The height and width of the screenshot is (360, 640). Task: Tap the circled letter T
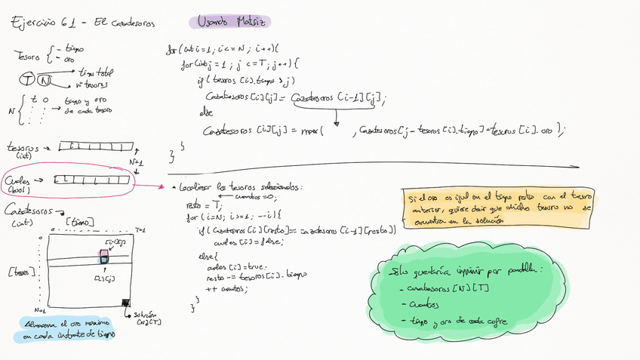(27, 79)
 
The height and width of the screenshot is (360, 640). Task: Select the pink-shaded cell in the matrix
(106, 254)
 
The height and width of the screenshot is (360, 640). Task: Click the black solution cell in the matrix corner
(125, 303)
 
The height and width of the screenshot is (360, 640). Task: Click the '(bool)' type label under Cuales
(17, 190)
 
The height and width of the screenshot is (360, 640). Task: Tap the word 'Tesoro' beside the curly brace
(27, 54)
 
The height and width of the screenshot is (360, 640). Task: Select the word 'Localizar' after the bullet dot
(198, 187)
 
